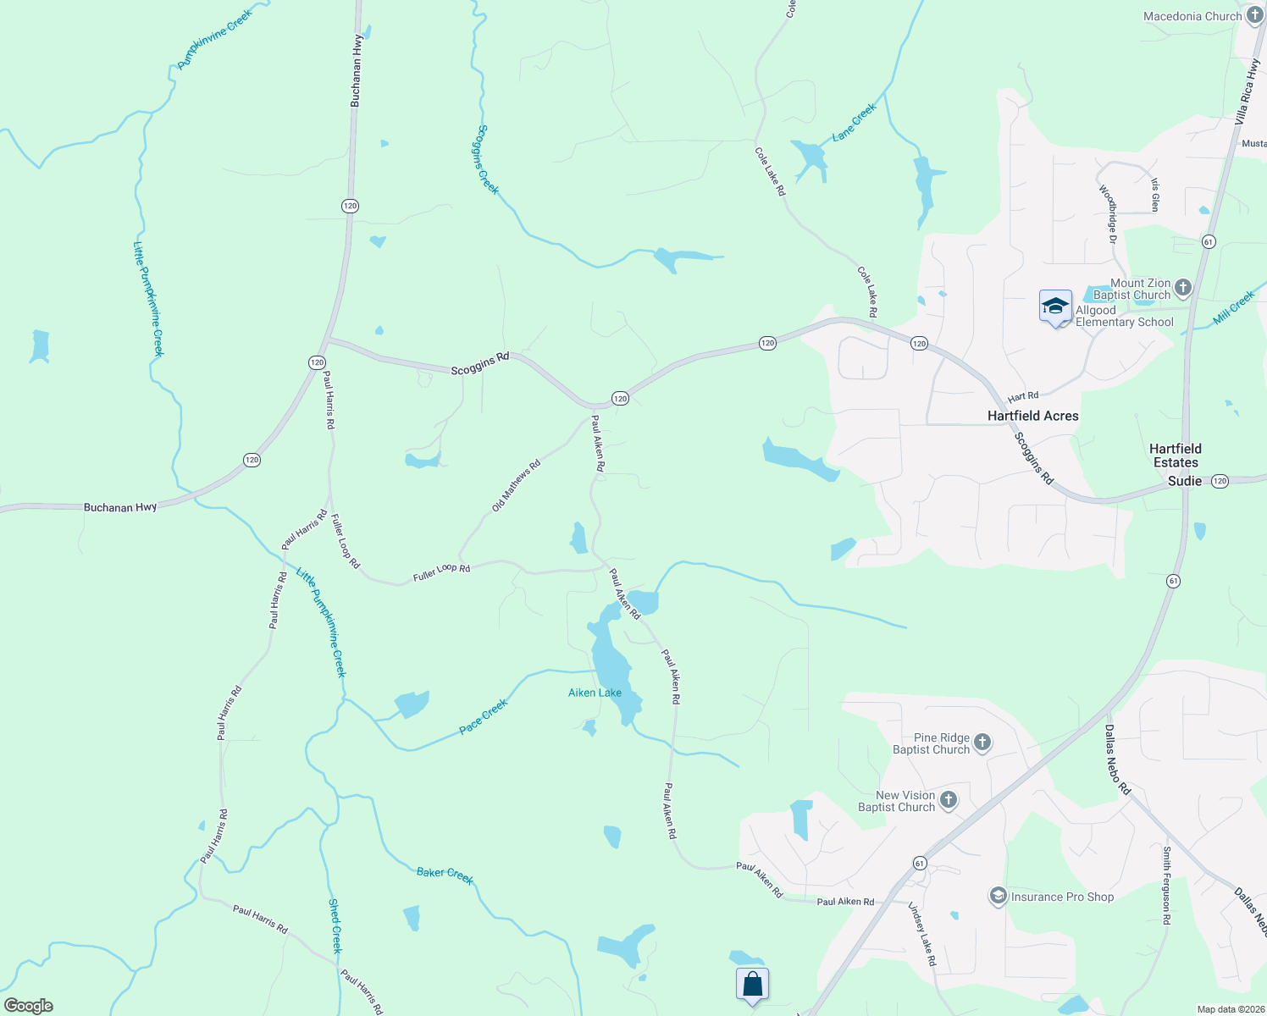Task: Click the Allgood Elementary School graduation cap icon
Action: pyautogui.click(x=1055, y=306)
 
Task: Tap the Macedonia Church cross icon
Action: pyautogui.click(x=1254, y=16)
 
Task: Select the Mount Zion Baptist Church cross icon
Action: pyautogui.click(x=1183, y=289)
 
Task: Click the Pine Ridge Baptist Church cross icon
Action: pyautogui.click(x=982, y=743)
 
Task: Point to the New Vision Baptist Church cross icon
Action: pyautogui.click(x=949, y=800)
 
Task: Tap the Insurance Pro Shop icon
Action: pyautogui.click(x=999, y=896)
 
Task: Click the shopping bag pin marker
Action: pyautogui.click(x=752, y=985)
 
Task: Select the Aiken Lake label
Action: pyautogui.click(x=595, y=693)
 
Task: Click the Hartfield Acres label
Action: pyautogui.click(x=1032, y=416)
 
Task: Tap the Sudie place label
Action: pyautogui.click(x=1184, y=481)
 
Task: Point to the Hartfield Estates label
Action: pyautogui.click(x=1175, y=456)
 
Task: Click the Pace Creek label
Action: pyautogui.click(x=483, y=716)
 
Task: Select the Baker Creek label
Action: pyautogui.click(x=445, y=875)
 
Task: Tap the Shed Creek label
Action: pyautogui.click(x=335, y=925)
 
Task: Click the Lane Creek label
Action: pyautogui.click(x=854, y=122)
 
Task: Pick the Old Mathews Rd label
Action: pyautogui.click(x=516, y=486)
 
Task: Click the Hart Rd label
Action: pyautogui.click(x=1023, y=396)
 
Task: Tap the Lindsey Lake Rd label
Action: pyautogui.click(x=922, y=934)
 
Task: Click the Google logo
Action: pyautogui.click(x=29, y=1006)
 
